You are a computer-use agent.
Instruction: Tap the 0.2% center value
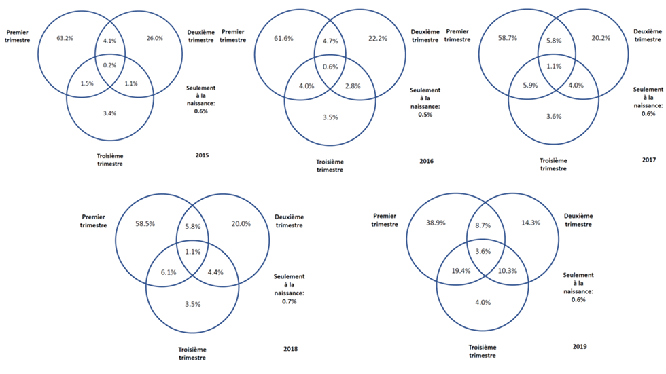(x=110, y=66)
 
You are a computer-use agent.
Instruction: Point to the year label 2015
(x=202, y=156)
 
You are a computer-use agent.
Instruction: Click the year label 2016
(x=427, y=161)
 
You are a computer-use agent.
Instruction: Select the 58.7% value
(x=507, y=39)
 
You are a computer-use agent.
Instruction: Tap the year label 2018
(x=290, y=349)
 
